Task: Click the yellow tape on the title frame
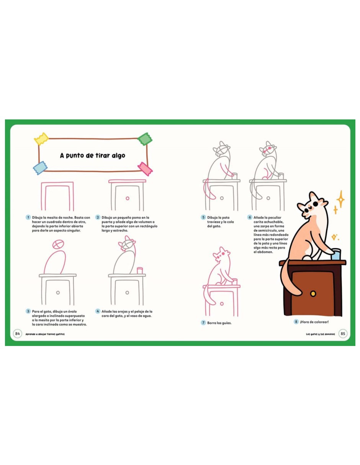41,139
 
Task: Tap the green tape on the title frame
145,139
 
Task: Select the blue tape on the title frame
40,168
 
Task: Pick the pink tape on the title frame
145,169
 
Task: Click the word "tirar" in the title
101,155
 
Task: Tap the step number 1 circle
28,217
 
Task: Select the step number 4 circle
98,311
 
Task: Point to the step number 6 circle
250,217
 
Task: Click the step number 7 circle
203,323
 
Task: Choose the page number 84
17,333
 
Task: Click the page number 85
343,333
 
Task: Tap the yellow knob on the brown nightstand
313,294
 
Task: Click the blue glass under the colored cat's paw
335,255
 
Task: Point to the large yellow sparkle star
340,199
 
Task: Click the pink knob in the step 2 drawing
128,198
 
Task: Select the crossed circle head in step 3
58,244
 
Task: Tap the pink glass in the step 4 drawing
140,271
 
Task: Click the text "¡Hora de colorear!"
314,321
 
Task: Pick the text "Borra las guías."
219,323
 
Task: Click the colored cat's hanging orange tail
289,278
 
